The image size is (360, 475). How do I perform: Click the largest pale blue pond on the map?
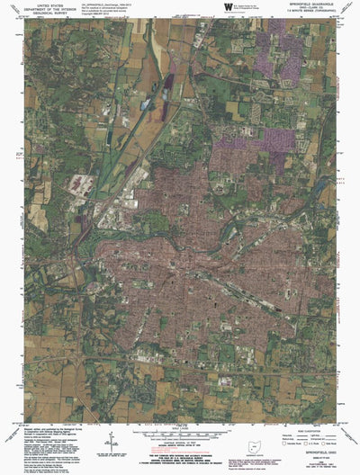[147, 104]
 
